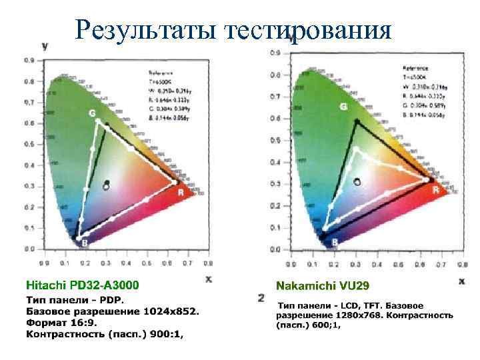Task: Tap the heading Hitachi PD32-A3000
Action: (83, 285)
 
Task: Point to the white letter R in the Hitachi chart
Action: (181, 192)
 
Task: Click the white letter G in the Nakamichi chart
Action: (344, 107)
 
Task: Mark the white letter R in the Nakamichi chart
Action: (435, 190)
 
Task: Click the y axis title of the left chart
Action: (44, 46)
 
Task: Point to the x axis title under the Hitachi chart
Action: (209, 280)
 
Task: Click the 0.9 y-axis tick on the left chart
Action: (29, 61)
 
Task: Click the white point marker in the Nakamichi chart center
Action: (357, 181)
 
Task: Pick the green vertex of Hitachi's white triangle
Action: (99, 121)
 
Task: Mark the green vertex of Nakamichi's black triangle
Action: (356, 120)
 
